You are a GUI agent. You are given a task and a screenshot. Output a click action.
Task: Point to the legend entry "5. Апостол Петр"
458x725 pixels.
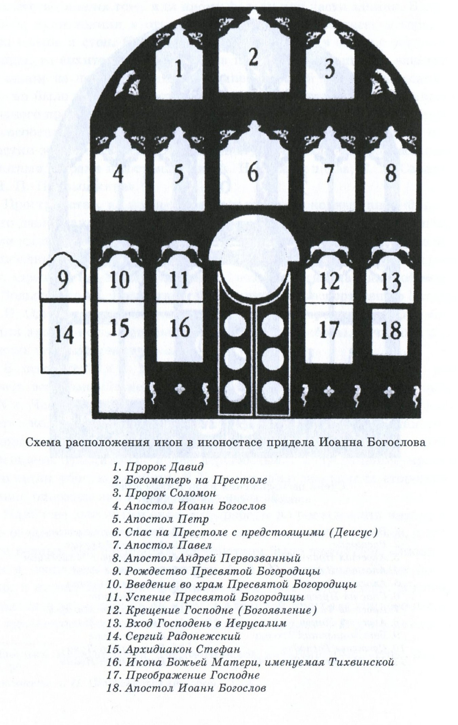(160, 519)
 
